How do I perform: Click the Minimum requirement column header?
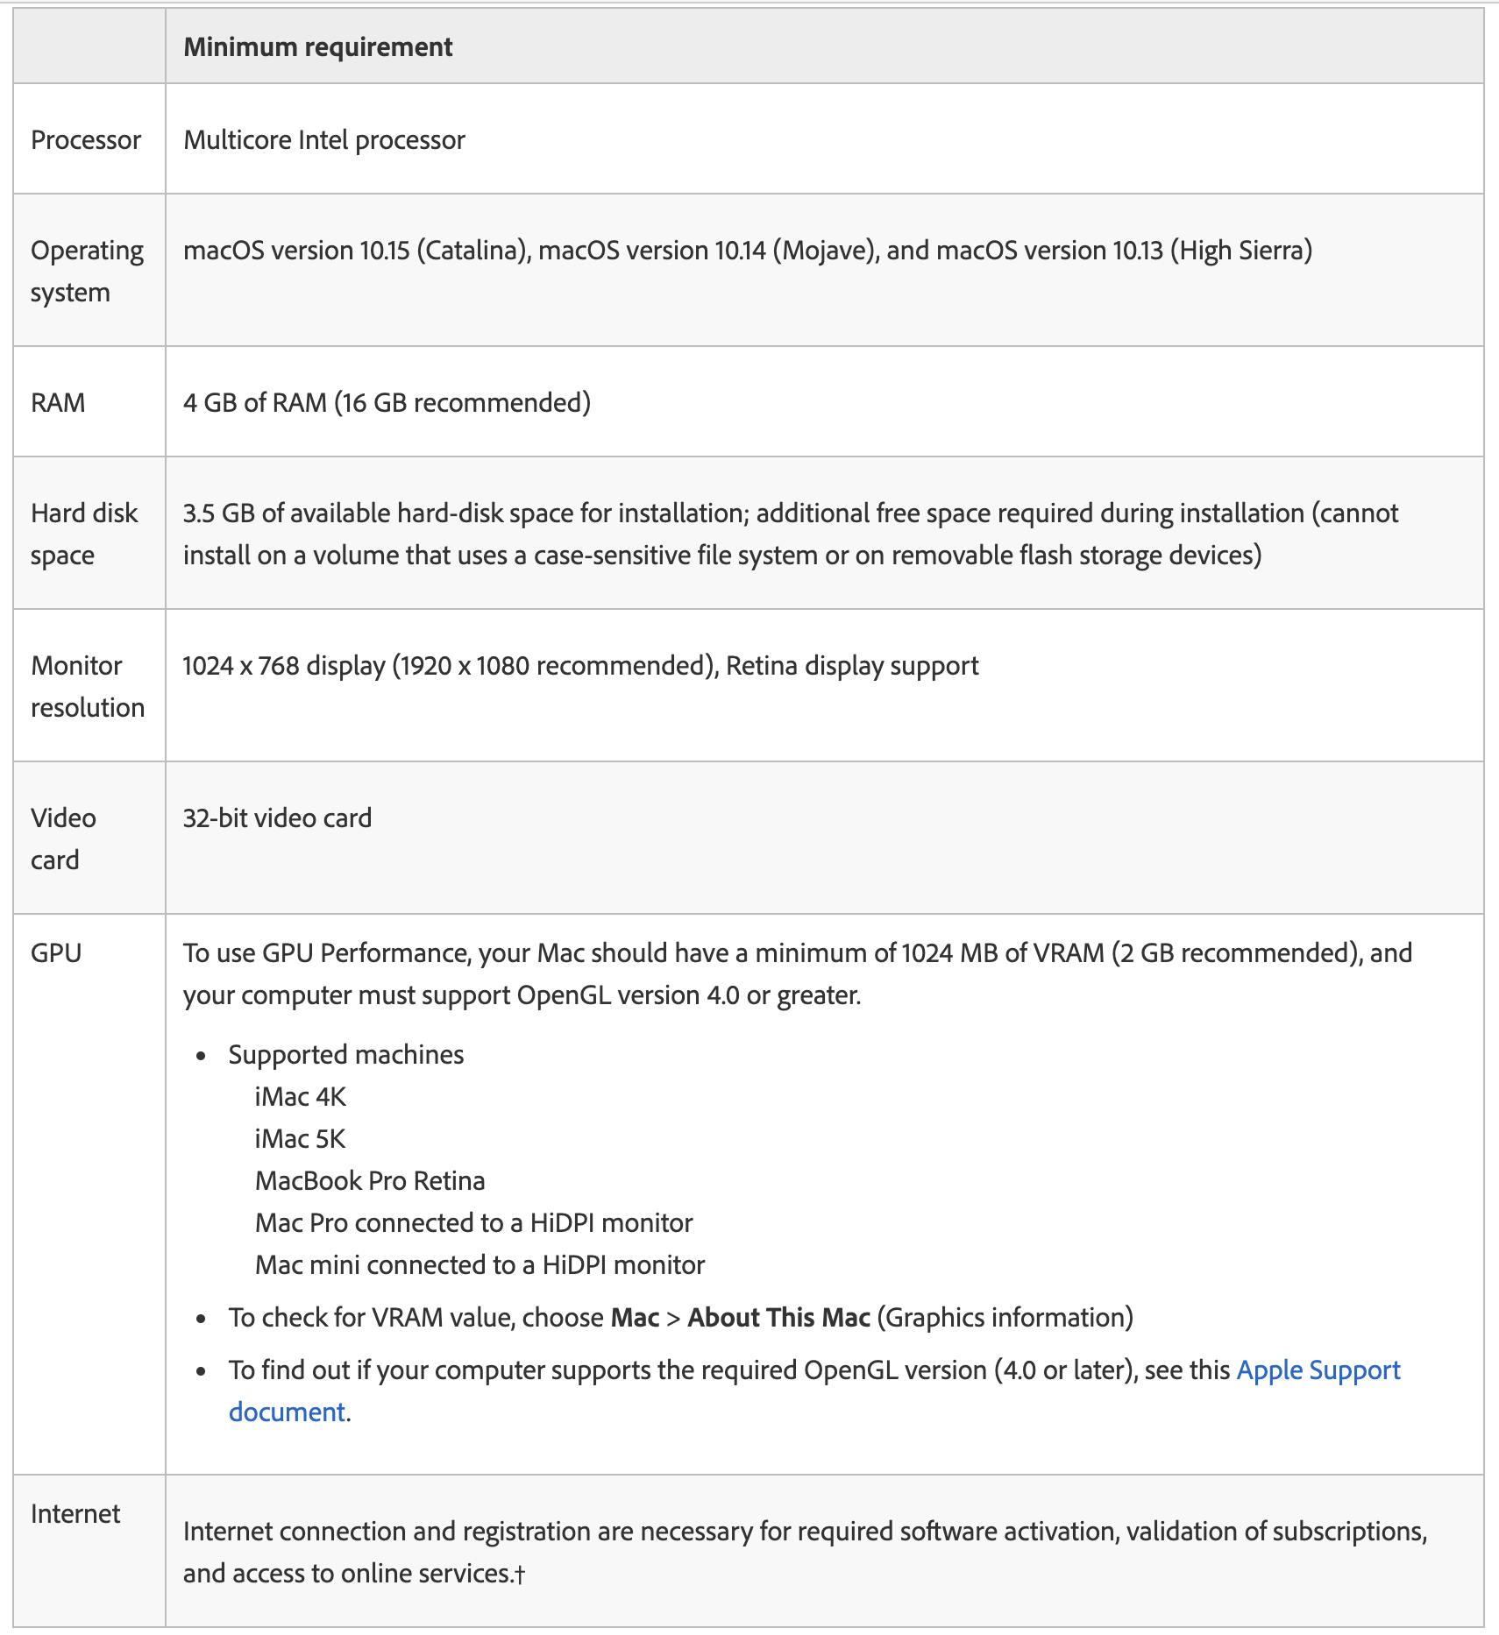(x=317, y=47)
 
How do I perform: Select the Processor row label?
(x=86, y=140)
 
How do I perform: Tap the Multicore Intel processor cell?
(x=324, y=140)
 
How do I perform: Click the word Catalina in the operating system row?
(x=472, y=251)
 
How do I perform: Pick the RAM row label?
(x=58, y=403)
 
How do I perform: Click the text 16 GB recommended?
(x=463, y=403)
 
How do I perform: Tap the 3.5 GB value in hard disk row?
(x=218, y=513)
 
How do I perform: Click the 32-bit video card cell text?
(x=277, y=818)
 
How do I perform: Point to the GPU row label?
(x=56, y=953)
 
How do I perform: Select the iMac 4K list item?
(x=301, y=1097)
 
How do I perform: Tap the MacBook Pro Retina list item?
(x=370, y=1181)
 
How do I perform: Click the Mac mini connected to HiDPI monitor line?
(x=480, y=1265)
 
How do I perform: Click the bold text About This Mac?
(x=778, y=1318)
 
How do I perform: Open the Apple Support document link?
(x=1318, y=1370)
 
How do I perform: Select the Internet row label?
(x=75, y=1514)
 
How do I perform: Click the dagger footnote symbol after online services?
(x=520, y=1575)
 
